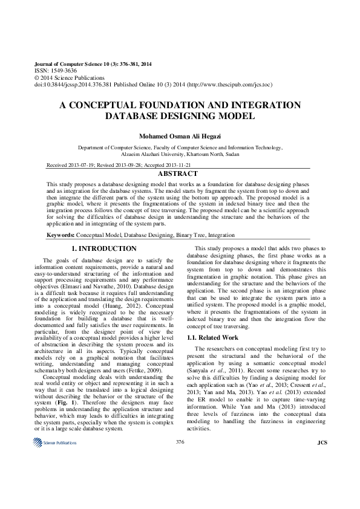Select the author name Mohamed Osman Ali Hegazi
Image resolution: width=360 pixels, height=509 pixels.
(x=180, y=137)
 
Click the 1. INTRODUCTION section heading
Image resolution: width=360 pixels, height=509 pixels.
(x=104, y=248)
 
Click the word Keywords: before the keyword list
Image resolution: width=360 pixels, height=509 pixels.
(x=61, y=235)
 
